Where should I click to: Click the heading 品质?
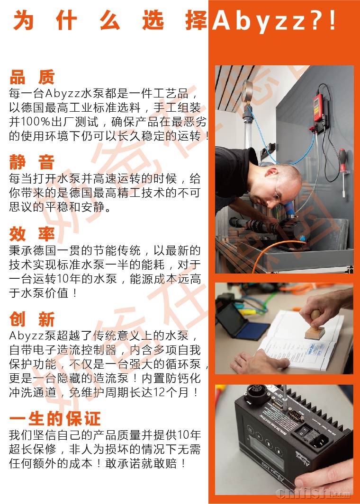(32, 77)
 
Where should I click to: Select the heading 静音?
(32, 162)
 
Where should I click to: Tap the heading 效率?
(32, 234)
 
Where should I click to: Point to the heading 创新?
(32, 319)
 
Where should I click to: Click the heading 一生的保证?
(55, 418)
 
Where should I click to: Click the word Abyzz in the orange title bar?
(259, 21)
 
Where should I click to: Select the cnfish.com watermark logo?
(313, 492)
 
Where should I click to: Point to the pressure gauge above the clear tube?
(247, 90)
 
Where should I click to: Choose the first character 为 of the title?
(24, 20)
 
